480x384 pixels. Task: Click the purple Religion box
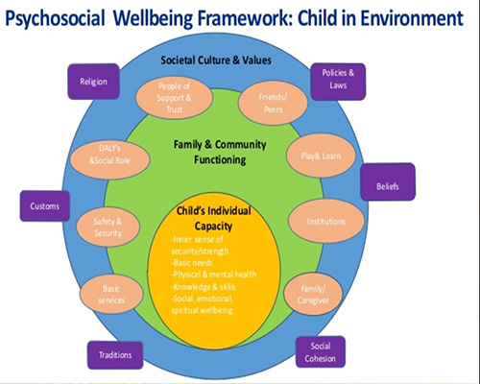(93, 82)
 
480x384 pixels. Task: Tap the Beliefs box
(388, 181)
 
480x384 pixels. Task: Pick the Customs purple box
(45, 206)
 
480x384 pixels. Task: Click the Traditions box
(115, 355)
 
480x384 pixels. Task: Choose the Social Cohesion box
(321, 352)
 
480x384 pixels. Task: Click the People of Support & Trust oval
(174, 98)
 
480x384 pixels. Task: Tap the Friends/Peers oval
(273, 103)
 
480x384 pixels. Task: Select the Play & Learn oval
(321, 156)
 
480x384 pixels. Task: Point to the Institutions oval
(326, 221)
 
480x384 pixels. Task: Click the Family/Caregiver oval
(313, 295)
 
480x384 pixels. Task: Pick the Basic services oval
(111, 295)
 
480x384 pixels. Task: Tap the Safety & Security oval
(108, 228)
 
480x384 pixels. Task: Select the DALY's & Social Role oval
(109, 155)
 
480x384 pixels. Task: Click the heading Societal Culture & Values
(216, 60)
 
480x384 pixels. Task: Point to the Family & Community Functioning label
(220, 152)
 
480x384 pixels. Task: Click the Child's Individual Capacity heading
(214, 218)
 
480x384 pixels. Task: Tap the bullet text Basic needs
(192, 263)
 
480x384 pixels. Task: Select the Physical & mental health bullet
(214, 275)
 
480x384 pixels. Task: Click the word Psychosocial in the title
(55, 18)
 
